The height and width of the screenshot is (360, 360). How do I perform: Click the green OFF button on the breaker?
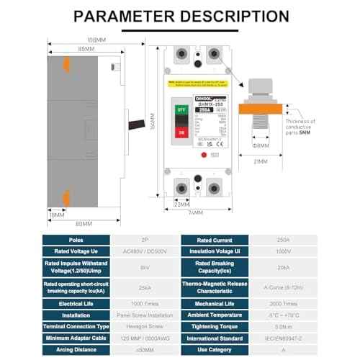181,111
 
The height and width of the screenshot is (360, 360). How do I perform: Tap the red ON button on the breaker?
181,134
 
